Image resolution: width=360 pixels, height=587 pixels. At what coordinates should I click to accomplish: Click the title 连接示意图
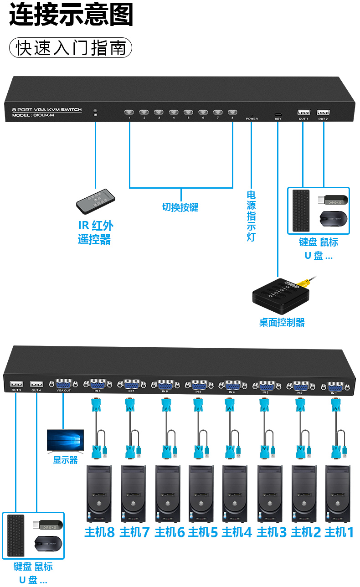point(71,15)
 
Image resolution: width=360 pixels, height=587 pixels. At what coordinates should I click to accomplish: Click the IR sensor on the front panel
point(95,110)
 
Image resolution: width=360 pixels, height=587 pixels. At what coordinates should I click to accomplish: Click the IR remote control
point(95,201)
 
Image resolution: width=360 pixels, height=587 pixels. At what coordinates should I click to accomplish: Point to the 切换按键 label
point(180,207)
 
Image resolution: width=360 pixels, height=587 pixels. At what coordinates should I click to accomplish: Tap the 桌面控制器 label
point(282,323)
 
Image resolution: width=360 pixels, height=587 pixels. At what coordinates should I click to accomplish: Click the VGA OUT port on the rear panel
point(63,384)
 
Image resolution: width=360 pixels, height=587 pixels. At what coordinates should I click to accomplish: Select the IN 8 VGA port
point(98,384)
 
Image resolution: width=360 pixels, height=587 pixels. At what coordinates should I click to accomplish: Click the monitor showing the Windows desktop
point(65,441)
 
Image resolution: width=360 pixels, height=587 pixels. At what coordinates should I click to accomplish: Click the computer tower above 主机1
point(338,493)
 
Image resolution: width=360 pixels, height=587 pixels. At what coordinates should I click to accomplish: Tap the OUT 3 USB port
point(16,384)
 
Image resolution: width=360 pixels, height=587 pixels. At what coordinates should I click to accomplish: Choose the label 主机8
point(99,532)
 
